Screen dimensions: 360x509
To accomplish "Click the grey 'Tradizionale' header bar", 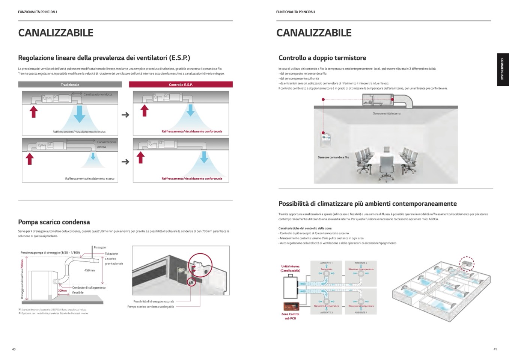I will [70, 84].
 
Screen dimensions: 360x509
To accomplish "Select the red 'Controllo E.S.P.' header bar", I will [181, 84].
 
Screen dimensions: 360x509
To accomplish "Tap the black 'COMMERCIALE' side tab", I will [503, 70].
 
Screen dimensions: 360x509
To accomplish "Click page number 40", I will [14, 349].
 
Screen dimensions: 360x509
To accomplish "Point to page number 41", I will [495, 349].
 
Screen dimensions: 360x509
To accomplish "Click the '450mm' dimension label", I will [89, 270].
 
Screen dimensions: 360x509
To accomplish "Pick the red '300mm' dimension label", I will [62, 291].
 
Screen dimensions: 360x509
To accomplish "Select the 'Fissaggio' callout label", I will [100, 247].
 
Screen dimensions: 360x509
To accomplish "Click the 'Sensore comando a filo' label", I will [333, 157].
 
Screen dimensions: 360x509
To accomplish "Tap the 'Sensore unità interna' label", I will [387, 113].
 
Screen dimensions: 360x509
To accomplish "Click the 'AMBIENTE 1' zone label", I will [326, 263].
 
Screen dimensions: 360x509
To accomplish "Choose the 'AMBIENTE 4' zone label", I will [361, 312].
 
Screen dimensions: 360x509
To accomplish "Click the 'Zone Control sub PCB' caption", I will [290, 316].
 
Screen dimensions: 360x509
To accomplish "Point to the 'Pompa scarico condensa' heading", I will [54, 222].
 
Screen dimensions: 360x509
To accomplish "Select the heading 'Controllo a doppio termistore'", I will [322, 58].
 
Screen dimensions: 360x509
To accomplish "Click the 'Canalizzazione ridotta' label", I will [98, 94].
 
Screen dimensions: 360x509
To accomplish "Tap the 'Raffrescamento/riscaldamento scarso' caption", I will [90, 179].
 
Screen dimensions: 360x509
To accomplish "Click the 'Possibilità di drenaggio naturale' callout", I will [154, 301].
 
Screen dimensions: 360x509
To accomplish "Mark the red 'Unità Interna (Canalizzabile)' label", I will [290, 268].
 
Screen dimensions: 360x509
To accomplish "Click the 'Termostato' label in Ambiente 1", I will [326, 269].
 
